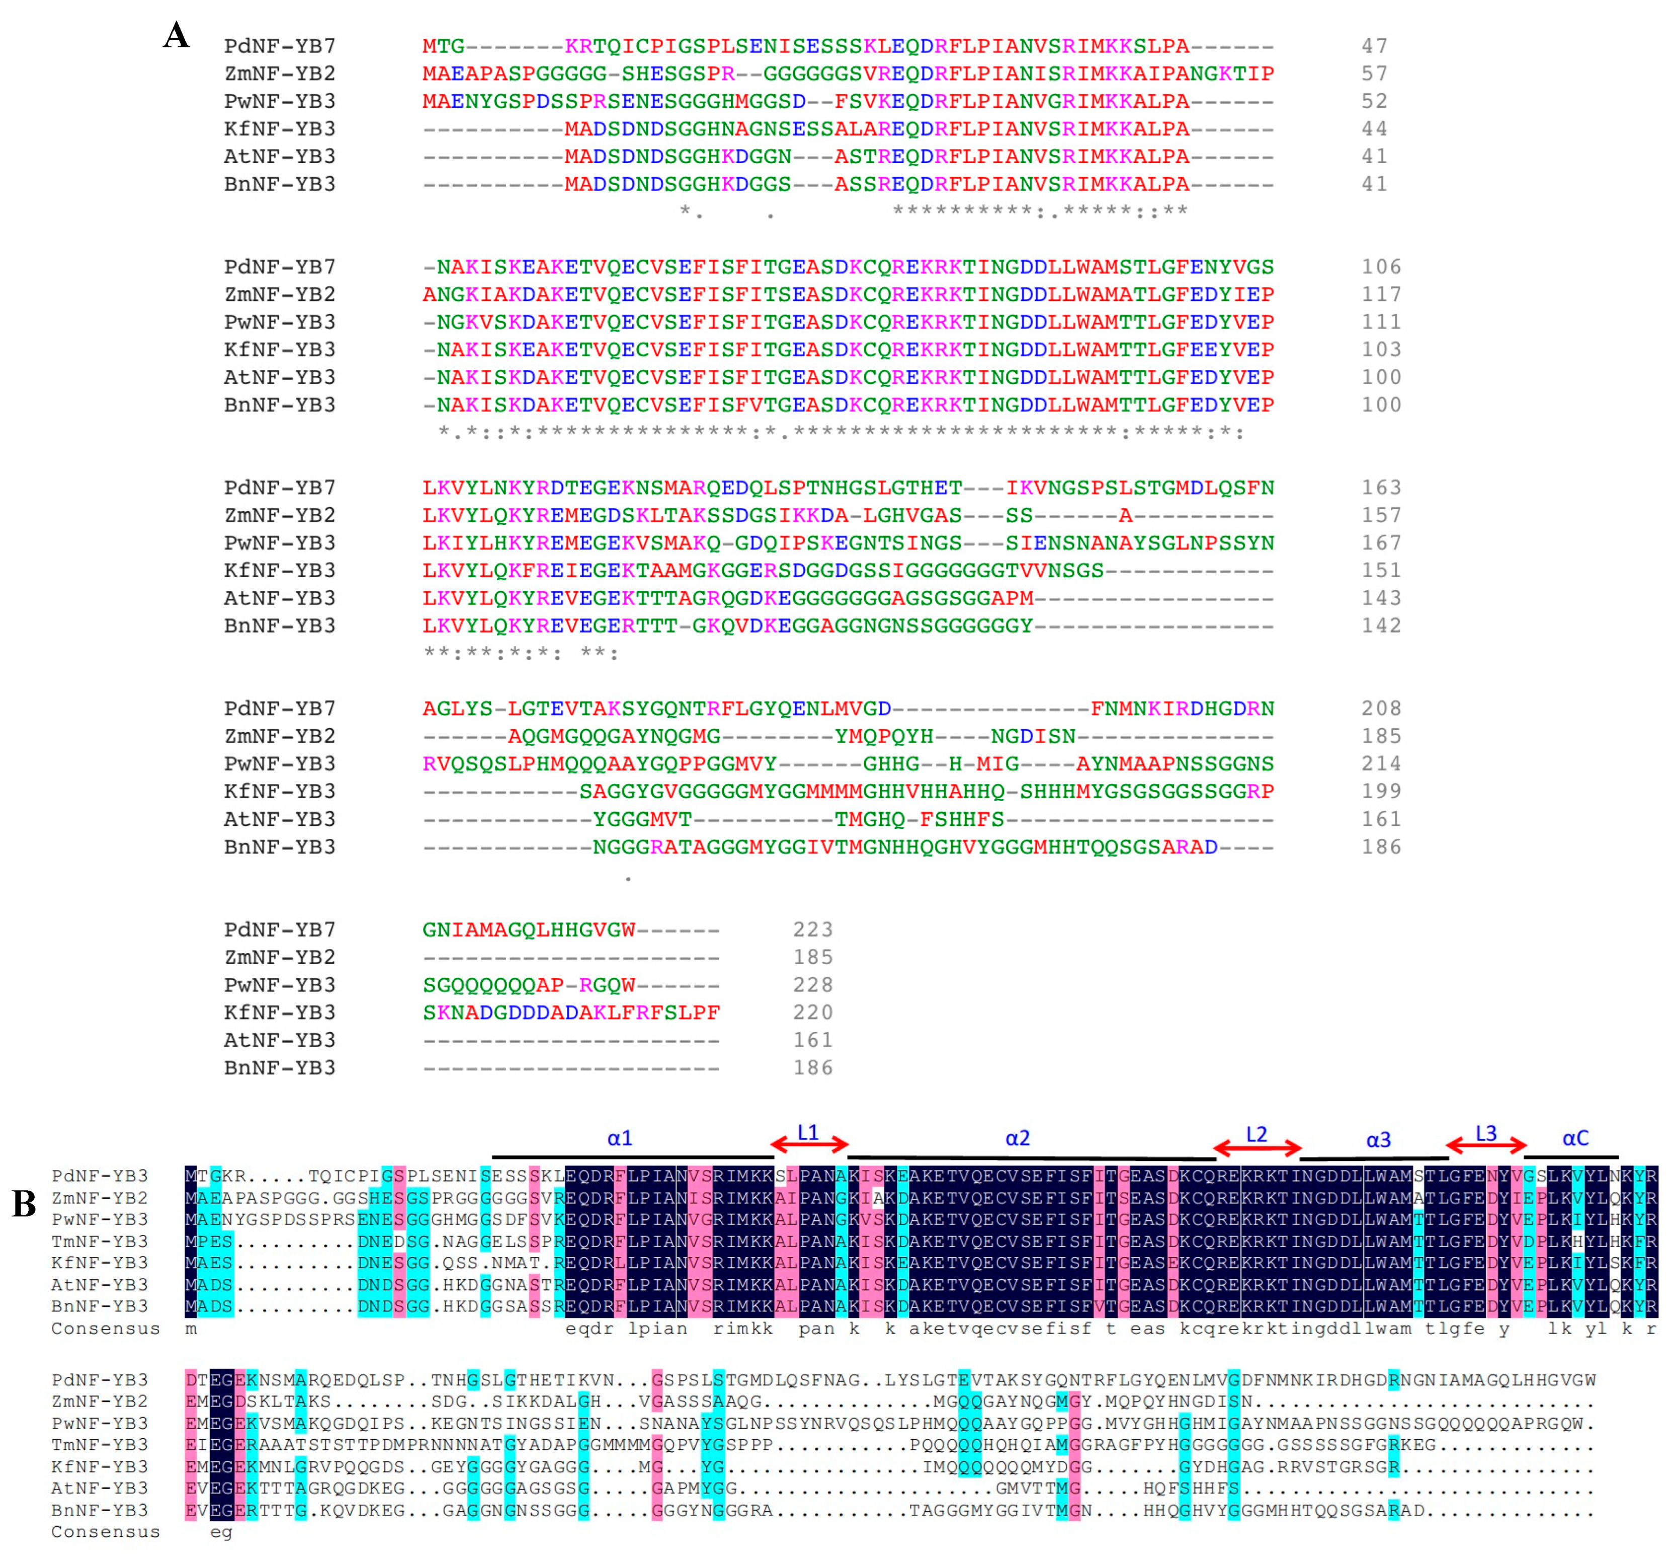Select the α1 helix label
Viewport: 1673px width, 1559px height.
pos(619,1138)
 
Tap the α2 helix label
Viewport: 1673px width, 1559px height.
pos(1018,1138)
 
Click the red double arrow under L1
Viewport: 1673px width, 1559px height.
pos(809,1143)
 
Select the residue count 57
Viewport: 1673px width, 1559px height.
pos(1374,73)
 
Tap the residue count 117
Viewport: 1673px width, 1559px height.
pos(1381,294)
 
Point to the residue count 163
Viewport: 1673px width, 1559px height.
pos(1381,488)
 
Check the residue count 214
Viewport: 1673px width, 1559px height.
pos(1381,763)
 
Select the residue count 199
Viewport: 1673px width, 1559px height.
pos(1381,791)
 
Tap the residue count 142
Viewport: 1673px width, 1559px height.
pos(1381,626)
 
